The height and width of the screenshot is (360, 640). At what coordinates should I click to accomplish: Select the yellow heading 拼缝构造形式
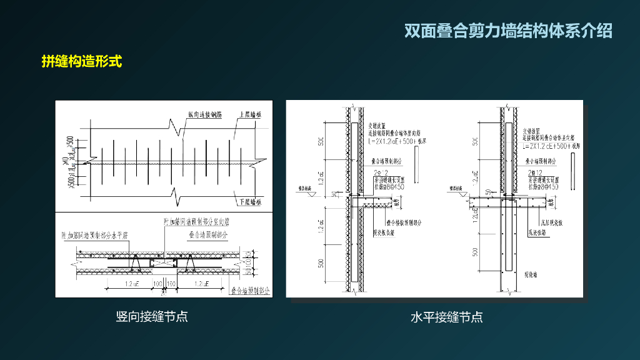point(81,61)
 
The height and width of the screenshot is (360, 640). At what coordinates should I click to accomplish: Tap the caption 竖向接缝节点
point(152,316)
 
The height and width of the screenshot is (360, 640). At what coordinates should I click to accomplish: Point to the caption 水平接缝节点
point(446,317)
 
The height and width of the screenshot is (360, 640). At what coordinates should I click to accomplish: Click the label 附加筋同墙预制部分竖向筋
point(197,222)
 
